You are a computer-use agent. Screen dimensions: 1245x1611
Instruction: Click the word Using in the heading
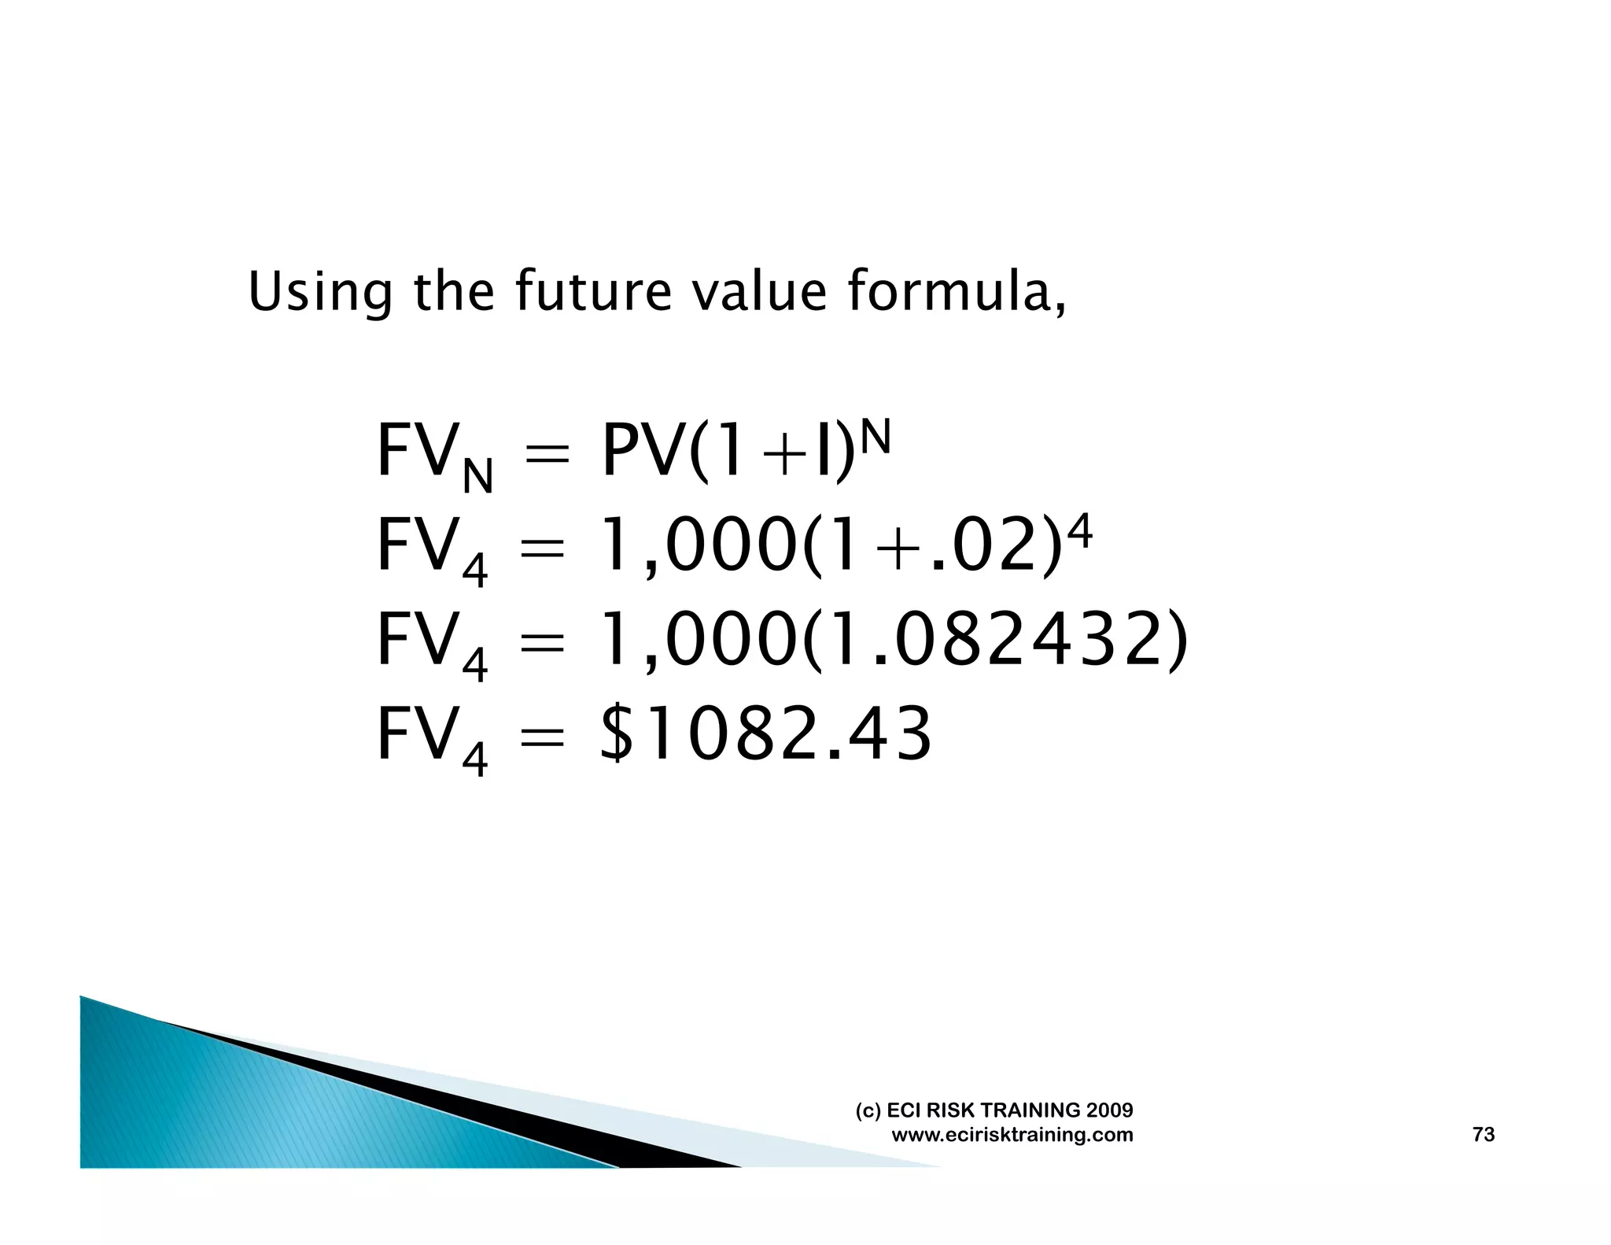point(319,292)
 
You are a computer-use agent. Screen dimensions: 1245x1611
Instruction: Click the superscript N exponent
point(876,437)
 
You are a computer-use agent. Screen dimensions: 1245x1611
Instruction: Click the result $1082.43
point(765,733)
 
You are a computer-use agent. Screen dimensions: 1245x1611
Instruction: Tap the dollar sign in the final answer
point(617,733)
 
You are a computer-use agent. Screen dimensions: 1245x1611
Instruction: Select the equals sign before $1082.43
point(542,737)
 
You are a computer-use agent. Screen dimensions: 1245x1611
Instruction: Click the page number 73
point(1483,1134)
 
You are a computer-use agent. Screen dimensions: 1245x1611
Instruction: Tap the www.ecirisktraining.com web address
point(1012,1135)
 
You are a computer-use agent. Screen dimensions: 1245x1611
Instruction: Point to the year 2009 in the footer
point(1109,1110)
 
